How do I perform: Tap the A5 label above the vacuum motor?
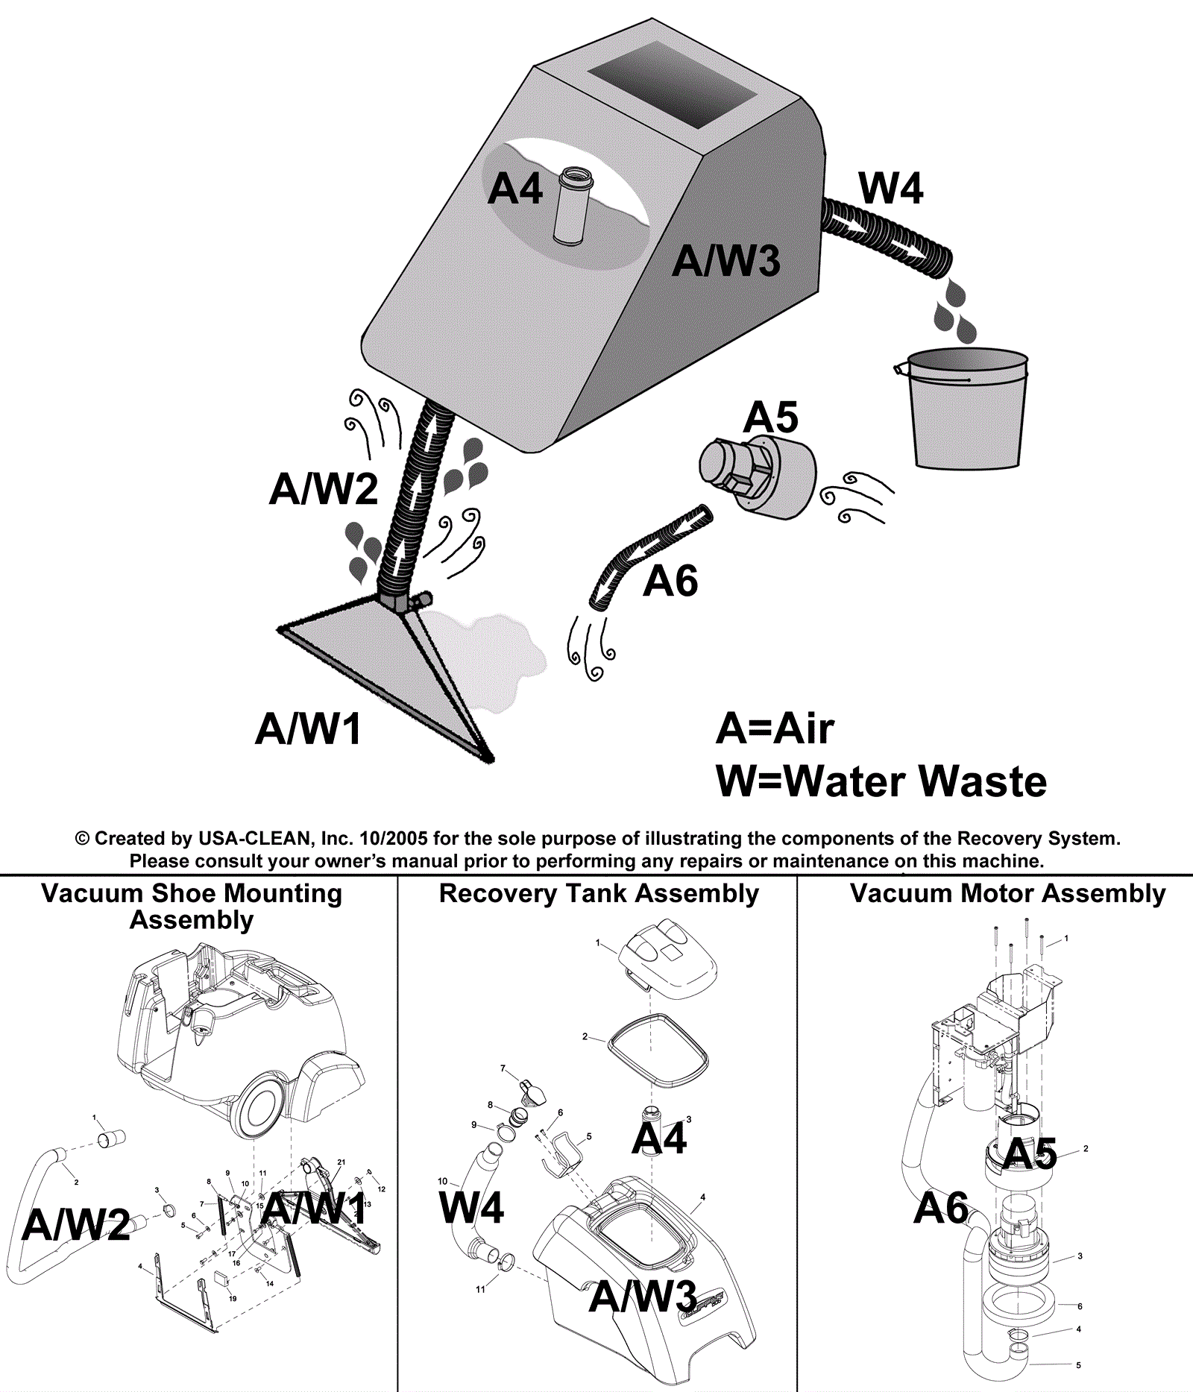coord(770,417)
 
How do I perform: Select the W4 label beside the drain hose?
coord(890,188)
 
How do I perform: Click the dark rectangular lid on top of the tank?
coord(672,84)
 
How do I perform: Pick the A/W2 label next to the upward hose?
coord(324,489)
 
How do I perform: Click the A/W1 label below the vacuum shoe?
coord(308,728)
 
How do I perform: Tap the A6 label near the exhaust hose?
coord(670,581)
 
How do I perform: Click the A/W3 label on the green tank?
coord(725,261)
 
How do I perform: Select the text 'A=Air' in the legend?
coord(775,728)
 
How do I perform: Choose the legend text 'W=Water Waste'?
coord(881,781)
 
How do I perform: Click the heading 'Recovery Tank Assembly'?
coord(599,893)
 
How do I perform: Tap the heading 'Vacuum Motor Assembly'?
coord(1007,893)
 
